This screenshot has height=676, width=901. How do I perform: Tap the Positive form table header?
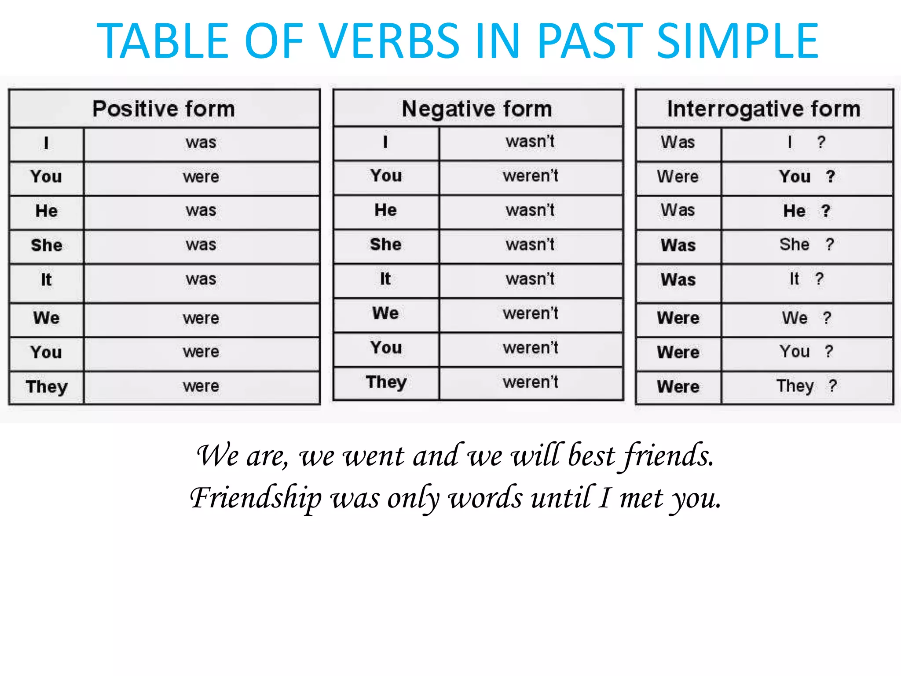coord(164,109)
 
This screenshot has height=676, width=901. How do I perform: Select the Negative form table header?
coord(477,109)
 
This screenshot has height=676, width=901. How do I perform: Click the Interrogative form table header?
coord(764,109)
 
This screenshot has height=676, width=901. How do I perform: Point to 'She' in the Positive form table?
coord(47,245)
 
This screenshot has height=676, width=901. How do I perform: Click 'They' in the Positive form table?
coord(47,387)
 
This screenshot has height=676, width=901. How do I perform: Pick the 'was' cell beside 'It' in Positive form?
coord(201,279)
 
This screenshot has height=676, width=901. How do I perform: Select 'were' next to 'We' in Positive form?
coord(201,318)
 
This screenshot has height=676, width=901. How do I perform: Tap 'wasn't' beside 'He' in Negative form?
coord(530,210)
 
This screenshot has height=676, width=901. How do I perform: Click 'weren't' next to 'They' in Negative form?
coord(531,382)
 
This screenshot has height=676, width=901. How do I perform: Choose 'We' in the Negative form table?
coord(385,313)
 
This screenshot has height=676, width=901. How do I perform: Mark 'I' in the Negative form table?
coord(385,142)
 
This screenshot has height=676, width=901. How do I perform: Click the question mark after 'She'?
coord(830,244)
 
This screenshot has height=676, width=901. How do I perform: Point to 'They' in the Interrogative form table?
coord(795,386)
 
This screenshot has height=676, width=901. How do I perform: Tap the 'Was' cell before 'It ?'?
coord(678,279)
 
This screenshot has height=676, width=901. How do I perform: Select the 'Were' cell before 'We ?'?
coord(678,318)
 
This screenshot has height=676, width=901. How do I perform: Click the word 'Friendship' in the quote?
coord(256,498)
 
